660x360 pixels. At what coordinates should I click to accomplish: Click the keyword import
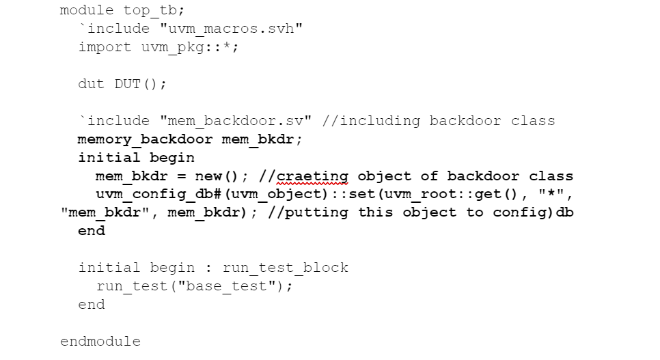click(105, 47)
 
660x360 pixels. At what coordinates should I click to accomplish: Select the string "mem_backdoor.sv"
click(236, 121)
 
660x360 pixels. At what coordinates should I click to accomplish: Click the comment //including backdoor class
click(438, 121)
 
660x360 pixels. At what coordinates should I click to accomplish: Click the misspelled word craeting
click(312, 176)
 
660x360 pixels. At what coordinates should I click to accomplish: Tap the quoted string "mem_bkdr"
click(109, 212)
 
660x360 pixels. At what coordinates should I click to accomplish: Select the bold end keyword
click(92, 231)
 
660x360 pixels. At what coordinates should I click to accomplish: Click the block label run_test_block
click(286, 268)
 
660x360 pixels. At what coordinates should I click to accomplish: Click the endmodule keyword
click(100, 341)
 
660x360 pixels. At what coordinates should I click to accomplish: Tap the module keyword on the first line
click(87, 10)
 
